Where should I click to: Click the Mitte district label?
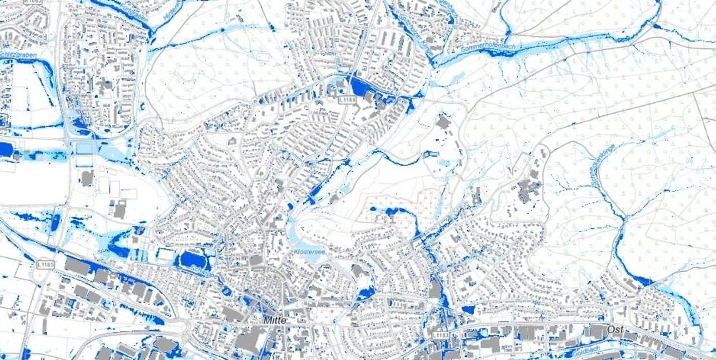pos(276,321)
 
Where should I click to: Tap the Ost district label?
pos(614,330)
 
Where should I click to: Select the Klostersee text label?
pos(309,252)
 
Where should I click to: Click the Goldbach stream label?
pos(580,352)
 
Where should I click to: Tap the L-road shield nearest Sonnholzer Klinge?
pos(346,99)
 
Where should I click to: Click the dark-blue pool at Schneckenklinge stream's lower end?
pos(642,281)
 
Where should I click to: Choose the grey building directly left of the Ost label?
pos(597,332)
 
